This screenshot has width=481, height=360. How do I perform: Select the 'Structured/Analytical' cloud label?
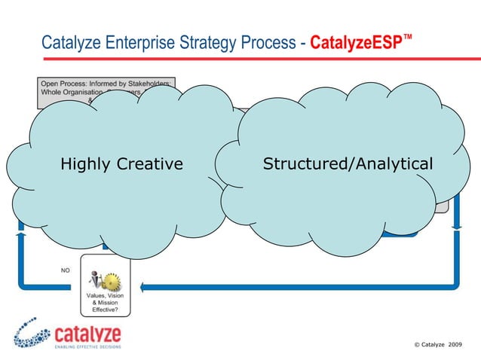coord(347,163)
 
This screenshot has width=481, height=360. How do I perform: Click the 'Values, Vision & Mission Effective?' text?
coord(104,303)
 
